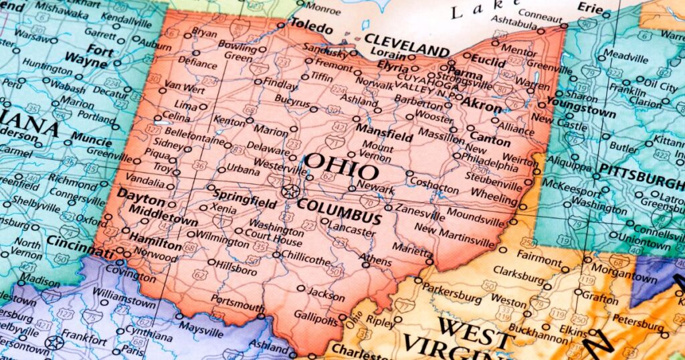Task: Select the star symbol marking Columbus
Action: pyautogui.click(x=290, y=191)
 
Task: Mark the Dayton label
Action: pyautogui.click(x=140, y=199)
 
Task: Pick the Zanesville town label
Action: pyautogui.click(x=419, y=216)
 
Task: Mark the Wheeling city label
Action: pyautogui.click(x=494, y=197)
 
